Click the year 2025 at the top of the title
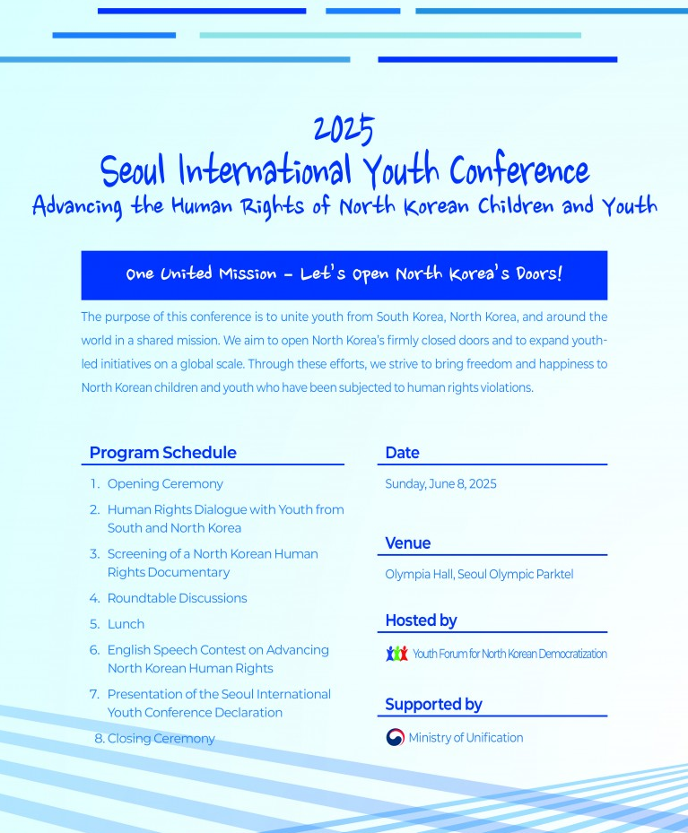coord(344,131)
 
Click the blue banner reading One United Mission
coord(344,274)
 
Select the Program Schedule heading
coord(162,453)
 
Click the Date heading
coord(402,453)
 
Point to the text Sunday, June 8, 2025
coord(440,484)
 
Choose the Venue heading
coord(407,543)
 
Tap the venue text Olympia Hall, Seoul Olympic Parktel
coord(479,574)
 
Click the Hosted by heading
coord(421,620)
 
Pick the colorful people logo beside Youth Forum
coord(396,654)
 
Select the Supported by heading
coord(433,704)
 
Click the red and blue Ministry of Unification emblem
coord(395,738)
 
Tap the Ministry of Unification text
coord(466,738)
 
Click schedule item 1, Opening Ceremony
coord(165,484)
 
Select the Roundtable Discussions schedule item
coord(177,598)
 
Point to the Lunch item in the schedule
coord(126,624)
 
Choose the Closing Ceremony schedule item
coord(161,739)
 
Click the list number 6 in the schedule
coord(94,650)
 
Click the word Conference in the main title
coord(519,169)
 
